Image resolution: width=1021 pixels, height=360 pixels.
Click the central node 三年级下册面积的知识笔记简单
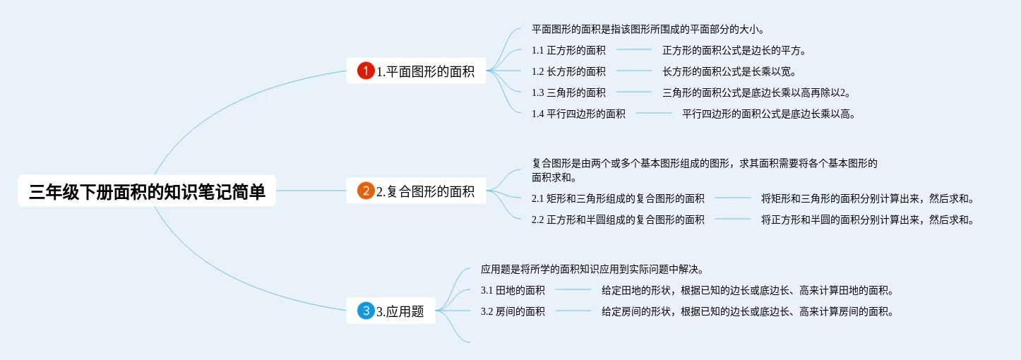tap(147, 191)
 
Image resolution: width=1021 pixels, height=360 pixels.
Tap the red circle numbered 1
tap(366, 71)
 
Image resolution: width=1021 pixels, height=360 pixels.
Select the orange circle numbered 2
tap(366, 191)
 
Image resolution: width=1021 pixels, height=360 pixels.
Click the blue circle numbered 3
tap(366, 311)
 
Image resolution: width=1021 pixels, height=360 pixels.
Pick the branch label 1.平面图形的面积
tap(425, 71)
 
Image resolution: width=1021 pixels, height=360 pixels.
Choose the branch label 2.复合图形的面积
tap(425, 191)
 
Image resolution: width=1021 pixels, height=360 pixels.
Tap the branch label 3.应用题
tap(400, 311)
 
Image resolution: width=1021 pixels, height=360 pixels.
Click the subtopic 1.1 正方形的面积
tap(568, 50)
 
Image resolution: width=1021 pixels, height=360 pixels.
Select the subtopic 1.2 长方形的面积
tap(568, 71)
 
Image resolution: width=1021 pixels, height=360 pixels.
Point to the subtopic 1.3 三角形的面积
tap(568, 92)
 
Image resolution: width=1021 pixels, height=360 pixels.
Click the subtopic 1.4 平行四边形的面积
tap(578, 114)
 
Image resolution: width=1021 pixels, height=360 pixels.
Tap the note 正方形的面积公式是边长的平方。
tap(734, 50)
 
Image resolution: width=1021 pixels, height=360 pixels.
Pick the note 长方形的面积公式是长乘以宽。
tap(729, 71)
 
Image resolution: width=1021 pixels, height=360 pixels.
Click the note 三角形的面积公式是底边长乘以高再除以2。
tap(756, 92)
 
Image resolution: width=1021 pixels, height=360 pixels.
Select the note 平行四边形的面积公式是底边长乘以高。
tap(769, 114)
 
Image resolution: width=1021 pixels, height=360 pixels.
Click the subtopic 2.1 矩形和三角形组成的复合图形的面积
tap(618, 198)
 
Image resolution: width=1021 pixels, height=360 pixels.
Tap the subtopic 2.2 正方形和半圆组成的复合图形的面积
tap(618, 220)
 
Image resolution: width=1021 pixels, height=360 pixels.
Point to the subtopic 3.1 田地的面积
tap(513, 290)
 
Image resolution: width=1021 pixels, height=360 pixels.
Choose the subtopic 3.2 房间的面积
tap(513, 311)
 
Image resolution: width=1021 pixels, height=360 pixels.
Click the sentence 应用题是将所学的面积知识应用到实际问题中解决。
tap(592, 269)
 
